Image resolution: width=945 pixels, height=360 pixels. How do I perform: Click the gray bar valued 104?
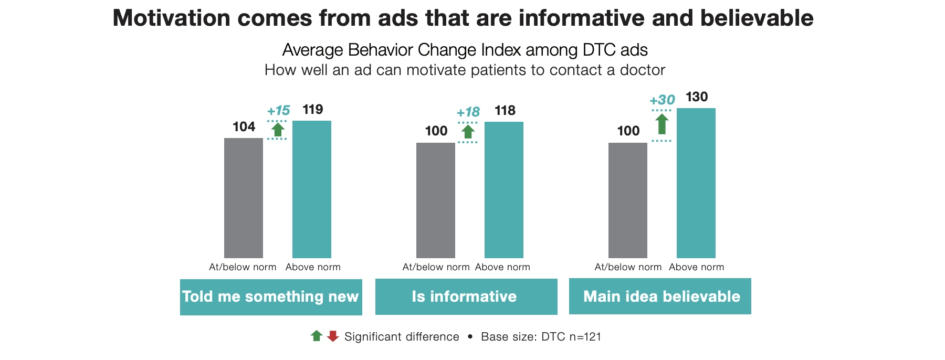tap(244, 198)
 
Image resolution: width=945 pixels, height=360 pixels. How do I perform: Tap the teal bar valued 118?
tap(504, 189)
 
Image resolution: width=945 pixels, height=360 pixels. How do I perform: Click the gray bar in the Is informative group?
tap(436, 200)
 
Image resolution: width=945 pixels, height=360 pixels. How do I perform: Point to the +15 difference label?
tap(278, 111)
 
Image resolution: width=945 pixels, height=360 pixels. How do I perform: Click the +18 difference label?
tap(468, 112)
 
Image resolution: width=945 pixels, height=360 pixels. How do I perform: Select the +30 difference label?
tap(662, 100)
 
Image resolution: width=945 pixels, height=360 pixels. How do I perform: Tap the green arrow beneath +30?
tap(662, 124)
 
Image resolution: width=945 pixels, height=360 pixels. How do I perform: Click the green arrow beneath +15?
tap(278, 129)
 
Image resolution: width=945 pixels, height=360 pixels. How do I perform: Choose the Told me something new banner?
tap(271, 297)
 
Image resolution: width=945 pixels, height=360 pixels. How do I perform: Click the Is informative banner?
tap(466, 297)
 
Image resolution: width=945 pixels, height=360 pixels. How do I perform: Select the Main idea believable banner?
tap(660, 297)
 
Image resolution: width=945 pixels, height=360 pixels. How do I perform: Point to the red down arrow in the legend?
tap(333, 336)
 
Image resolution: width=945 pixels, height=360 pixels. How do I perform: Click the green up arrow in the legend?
tap(317, 336)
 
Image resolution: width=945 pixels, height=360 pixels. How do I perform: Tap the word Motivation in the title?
tap(171, 18)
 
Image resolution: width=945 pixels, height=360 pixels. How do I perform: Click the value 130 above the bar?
tap(697, 97)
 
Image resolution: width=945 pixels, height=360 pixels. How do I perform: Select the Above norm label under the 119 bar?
tap(313, 267)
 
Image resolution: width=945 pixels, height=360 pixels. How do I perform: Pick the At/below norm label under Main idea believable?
tap(628, 267)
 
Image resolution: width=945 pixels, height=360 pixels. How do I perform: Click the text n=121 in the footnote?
tap(585, 337)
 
